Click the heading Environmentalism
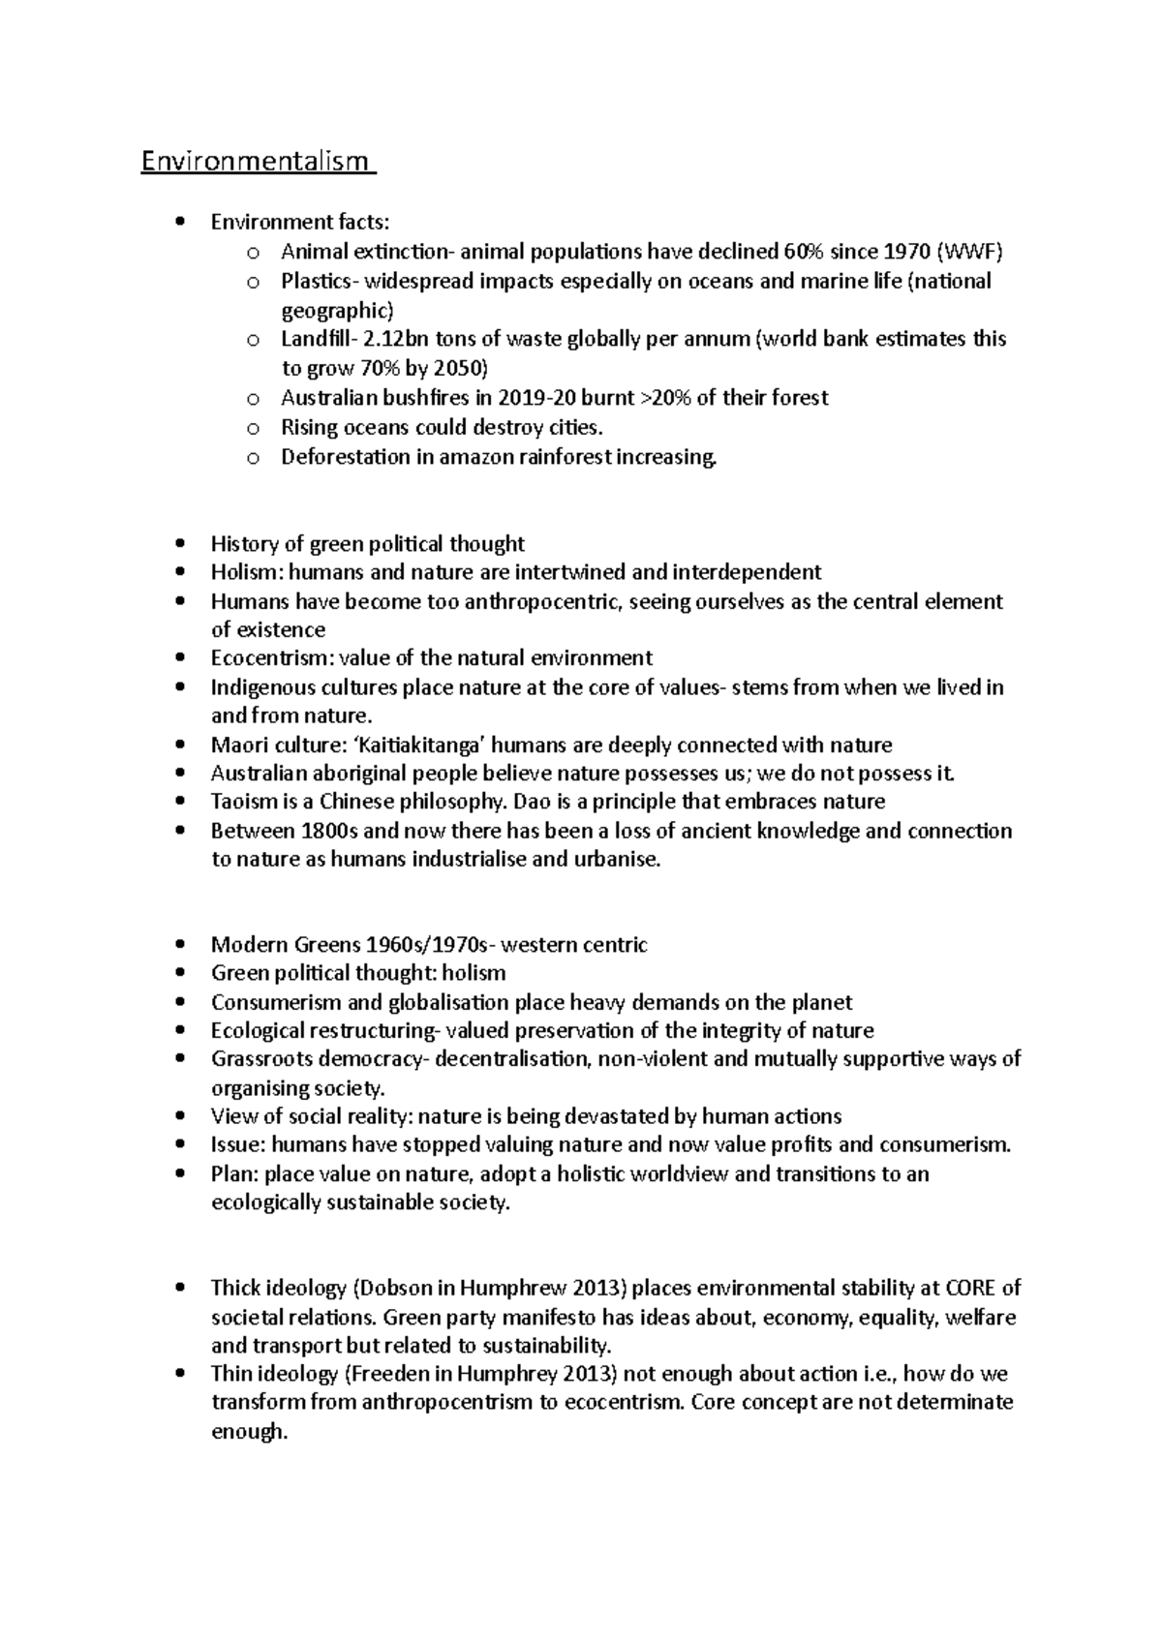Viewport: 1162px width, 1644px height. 256,162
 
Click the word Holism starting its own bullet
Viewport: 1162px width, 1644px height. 240,572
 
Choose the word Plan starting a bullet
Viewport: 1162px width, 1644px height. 230,1174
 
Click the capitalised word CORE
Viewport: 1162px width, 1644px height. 969,1289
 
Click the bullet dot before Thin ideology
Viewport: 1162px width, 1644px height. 180,1374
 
